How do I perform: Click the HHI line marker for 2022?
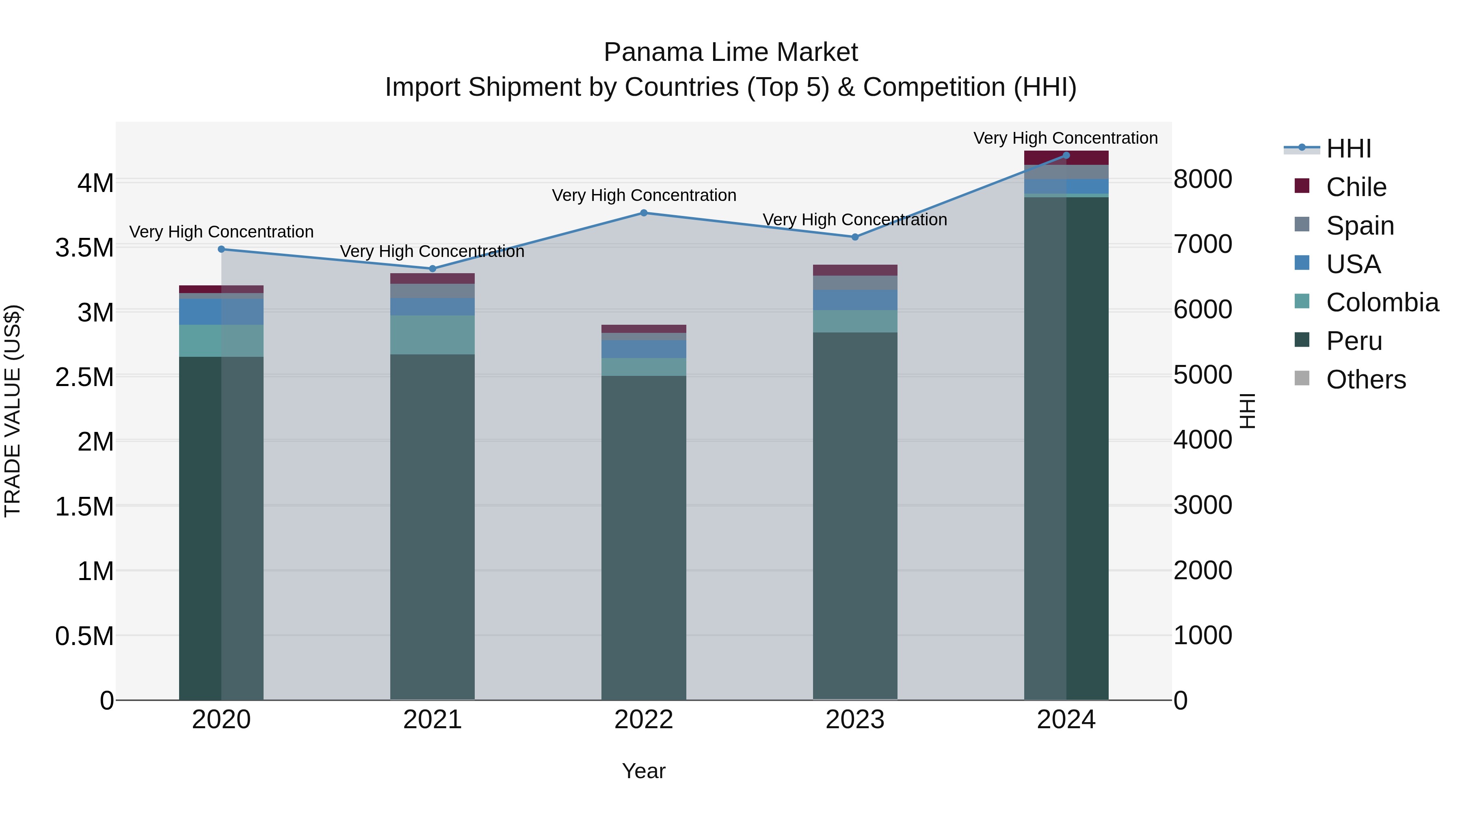click(644, 213)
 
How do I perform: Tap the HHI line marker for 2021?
click(433, 268)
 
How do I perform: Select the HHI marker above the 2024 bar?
click(1066, 155)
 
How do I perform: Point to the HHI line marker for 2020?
click(221, 249)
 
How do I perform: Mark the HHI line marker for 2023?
click(855, 237)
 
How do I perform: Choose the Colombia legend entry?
click(1382, 302)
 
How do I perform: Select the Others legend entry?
click(1365, 380)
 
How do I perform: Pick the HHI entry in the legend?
click(1348, 149)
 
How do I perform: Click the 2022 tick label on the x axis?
click(644, 720)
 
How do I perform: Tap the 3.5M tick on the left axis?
click(84, 248)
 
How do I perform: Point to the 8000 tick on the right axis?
click(1202, 179)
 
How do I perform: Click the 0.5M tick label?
click(84, 636)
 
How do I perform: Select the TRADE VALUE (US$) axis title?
click(13, 411)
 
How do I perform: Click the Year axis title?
click(644, 771)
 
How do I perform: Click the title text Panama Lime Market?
click(731, 52)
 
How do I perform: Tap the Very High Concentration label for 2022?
click(644, 195)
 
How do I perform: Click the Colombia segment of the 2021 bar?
click(433, 335)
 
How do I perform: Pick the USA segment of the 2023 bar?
click(855, 300)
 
